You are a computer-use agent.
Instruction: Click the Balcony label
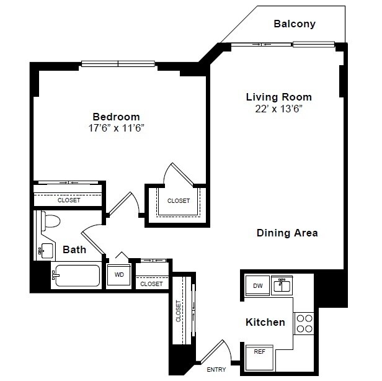[295, 24]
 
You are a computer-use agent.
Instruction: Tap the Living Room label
[278, 97]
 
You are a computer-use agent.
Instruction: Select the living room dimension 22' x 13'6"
[278, 109]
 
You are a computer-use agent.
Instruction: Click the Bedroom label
[116, 117]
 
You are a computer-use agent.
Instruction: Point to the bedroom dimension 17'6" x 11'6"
[116, 128]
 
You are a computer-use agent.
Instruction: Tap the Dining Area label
[287, 233]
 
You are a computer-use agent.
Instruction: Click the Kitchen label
[265, 322]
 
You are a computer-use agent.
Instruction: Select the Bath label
[74, 250]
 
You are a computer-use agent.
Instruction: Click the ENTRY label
[216, 370]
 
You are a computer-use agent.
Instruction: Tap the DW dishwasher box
[257, 285]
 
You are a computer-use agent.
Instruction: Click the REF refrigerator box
[259, 352]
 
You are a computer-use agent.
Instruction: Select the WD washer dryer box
[119, 273]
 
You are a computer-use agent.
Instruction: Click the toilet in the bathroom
[50, 220]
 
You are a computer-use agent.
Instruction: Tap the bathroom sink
[44, 250]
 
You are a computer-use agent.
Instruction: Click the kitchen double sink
[282, 285]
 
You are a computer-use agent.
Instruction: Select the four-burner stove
[304, 323]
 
